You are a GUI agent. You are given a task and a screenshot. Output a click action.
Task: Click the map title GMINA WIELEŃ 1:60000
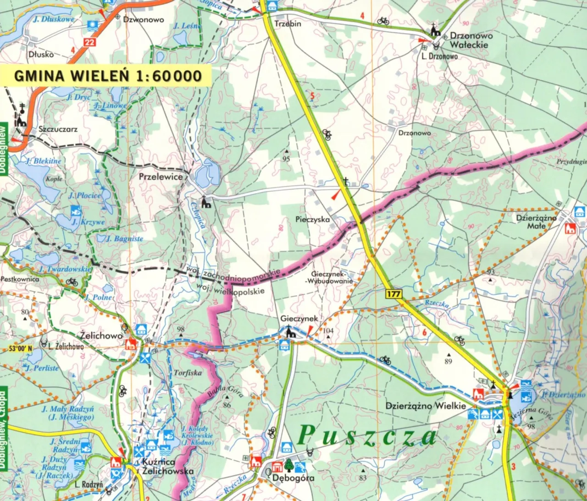[108, 76]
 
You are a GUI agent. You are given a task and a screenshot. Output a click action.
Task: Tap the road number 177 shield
[393, 294]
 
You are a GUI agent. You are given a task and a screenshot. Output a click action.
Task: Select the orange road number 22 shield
[90, 43]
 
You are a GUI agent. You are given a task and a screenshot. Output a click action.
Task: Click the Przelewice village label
[161, 176]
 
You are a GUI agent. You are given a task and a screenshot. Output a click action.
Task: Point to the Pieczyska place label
[312, 220]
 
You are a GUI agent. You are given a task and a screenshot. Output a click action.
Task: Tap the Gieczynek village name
[299, 318]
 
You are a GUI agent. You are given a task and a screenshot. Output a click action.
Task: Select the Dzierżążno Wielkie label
[425, 406]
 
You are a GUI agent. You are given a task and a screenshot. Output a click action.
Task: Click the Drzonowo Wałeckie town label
[471, 40]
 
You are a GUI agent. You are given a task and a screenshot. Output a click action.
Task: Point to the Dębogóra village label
[293, 478]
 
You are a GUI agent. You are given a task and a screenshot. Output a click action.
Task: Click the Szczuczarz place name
[58, 129]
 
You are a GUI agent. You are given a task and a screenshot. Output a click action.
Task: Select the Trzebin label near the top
[288, 23]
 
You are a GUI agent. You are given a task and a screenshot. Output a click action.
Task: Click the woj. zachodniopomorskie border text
[234, 273]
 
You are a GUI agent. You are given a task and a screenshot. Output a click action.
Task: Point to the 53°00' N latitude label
[21, 349]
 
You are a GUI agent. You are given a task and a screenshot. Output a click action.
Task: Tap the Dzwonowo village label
[143, 20]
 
